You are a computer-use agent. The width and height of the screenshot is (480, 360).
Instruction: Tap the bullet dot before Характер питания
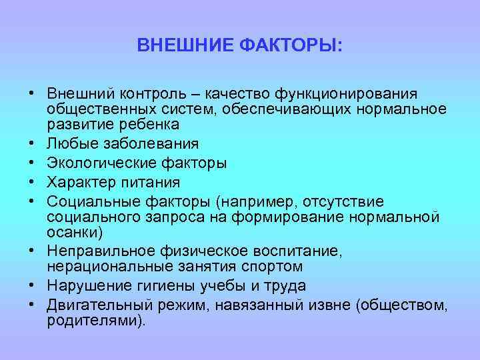(x=31, y=182)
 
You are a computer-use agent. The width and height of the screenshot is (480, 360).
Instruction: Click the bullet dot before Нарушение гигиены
(x=31, y=286)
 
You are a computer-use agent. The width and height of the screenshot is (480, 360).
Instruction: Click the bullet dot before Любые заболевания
(x=31, y=143)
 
